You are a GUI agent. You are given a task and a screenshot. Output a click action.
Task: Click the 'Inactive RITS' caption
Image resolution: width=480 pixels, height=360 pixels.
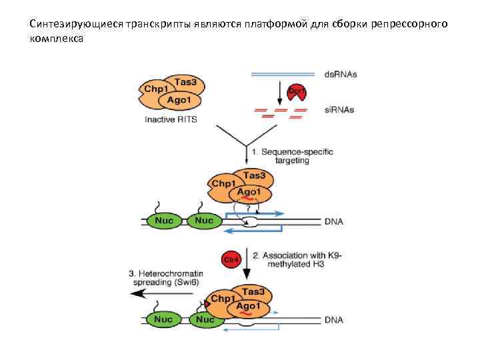[x=171, y=120]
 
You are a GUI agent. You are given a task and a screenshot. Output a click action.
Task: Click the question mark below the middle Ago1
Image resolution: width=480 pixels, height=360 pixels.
[x=248, y=209]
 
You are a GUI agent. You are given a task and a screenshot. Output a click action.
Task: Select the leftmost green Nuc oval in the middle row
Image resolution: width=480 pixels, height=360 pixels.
[x=164, y=220]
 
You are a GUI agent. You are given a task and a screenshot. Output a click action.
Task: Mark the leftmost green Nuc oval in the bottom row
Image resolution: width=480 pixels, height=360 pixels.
[x=164, y=320]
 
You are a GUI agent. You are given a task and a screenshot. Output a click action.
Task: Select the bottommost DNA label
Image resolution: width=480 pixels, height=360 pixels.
[x=332, y=320]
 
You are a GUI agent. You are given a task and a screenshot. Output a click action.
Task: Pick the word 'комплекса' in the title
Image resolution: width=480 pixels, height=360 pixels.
[x=57, y=39]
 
